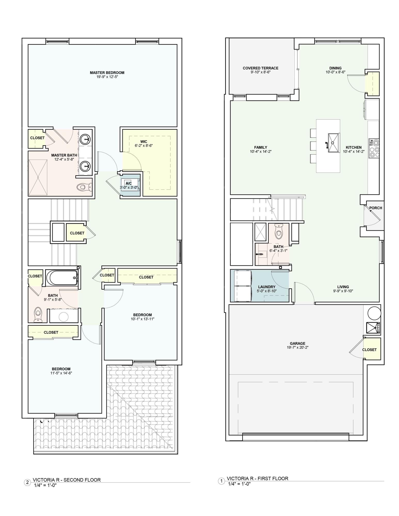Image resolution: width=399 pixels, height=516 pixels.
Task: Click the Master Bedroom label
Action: [x=107, y=73]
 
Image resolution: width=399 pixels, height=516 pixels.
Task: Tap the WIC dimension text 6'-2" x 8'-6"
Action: [x=144, y=146]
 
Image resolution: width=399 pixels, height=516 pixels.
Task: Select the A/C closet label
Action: [x=129, y=183]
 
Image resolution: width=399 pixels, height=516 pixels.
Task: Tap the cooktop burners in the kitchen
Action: [x=374, y=149]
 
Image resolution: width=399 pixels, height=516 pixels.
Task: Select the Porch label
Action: [x=375, y=208]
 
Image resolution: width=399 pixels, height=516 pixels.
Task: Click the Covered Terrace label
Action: [x=260, y=68]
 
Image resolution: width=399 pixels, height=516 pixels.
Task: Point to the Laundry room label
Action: [x=267, y=287]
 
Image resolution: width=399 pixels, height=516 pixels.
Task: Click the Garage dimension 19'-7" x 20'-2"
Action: [x=298, y=347]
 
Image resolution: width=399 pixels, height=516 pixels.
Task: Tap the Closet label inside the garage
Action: [x=369, y=350]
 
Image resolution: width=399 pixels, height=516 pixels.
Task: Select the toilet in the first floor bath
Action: [x=278, y=231]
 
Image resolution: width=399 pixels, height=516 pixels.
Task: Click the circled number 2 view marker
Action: [x=27, y=482]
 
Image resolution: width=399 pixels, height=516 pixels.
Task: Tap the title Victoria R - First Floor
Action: [x=257, y=478]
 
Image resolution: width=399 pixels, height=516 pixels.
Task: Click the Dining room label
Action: [x=335, y=68]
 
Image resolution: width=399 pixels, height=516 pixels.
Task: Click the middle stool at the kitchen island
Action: [x=313, y=146]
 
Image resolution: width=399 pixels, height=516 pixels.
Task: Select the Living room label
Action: [x=343, y=287]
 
